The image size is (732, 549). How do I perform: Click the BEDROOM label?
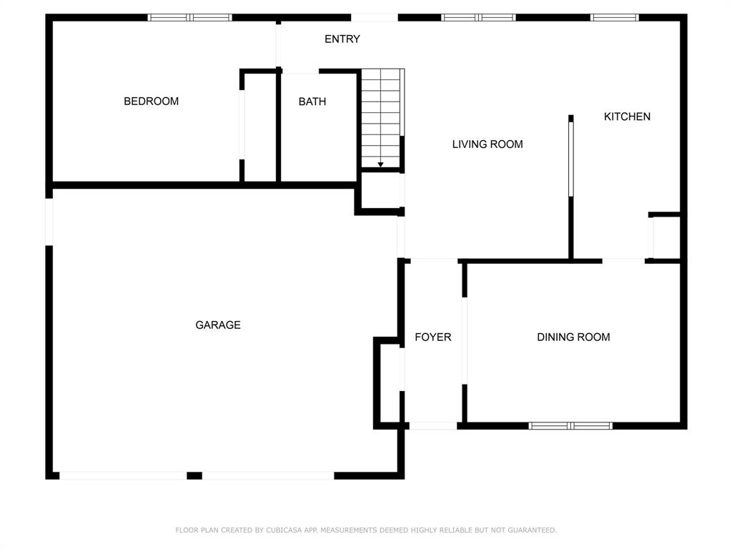[x=151, y=102]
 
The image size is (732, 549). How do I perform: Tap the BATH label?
[x=312, y=102]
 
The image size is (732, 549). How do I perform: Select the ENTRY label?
[x=342, y=39]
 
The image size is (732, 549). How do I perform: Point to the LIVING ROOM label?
[x=488, y=144]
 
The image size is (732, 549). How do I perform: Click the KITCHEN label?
[x=627, y=117]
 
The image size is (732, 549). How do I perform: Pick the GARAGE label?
[x=218, y=325]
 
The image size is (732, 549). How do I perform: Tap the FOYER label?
[x=432, y=337]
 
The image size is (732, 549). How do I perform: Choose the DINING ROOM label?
[x=573, y=337]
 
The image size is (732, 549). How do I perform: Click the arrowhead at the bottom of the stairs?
[x=380, y=164]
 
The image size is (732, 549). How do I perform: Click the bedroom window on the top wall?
[x=189, y=18]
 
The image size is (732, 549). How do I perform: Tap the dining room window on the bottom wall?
[x=570, y=426]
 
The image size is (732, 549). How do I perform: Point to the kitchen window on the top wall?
[x=614, y=18]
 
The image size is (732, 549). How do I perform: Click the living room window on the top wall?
[x=478, y=18]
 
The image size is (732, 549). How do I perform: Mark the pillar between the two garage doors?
[x=194, y=475]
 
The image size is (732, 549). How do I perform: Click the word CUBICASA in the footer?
[x=285, y=530]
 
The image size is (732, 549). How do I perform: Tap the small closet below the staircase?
[x=382, y=191]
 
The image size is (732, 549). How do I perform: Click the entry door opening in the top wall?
[x=374, y=18]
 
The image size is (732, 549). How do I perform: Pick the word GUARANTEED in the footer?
[x=532, y=530]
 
